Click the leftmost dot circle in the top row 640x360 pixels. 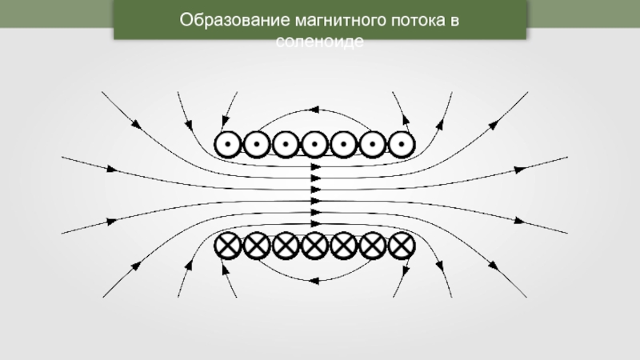pos(228,145)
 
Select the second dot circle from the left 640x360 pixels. pos(257,145)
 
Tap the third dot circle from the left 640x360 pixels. pos(286,145)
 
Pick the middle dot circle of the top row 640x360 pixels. pos(314,145)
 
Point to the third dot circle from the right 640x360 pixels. pos(343,145)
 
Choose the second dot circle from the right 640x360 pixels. pos(372,145)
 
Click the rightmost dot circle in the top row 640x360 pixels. pos(401,145)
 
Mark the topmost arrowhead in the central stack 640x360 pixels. pos(315,168)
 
